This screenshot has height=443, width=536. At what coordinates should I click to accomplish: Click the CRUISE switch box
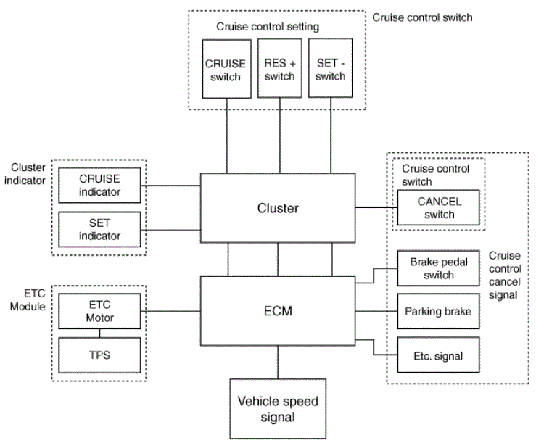point(226,69)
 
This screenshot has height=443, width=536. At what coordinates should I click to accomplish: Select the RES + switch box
point(280,68)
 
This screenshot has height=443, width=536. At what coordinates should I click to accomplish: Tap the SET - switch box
point(331,68)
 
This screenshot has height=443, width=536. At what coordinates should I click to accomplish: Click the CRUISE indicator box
point(99,186)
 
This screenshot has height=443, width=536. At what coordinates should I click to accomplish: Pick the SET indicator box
point(99,229)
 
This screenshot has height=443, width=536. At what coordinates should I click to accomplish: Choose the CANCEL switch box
point(439,207)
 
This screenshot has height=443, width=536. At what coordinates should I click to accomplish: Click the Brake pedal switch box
point(439,268)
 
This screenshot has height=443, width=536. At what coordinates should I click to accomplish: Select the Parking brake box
point(439,311)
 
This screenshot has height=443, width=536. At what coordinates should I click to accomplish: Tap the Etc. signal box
point(439,355)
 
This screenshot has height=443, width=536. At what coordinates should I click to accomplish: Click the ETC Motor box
point(99,311)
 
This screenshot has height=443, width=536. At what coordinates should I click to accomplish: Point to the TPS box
point(99,355)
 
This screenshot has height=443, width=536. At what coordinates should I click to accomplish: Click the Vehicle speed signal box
point(278,409)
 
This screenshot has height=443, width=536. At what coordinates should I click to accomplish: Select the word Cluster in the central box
point(278,208)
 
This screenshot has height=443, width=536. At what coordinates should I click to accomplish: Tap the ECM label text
point(278,311)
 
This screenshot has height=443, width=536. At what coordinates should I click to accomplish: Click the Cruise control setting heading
point(268,27)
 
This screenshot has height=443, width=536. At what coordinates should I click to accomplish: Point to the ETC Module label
point(28,299)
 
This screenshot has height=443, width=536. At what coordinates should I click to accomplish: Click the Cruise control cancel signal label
point(505,276)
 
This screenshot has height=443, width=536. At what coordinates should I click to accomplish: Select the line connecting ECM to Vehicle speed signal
point(278,363)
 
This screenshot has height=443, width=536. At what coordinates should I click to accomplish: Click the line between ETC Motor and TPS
point(99,334)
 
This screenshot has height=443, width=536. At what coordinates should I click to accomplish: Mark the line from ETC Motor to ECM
point(170,311)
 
